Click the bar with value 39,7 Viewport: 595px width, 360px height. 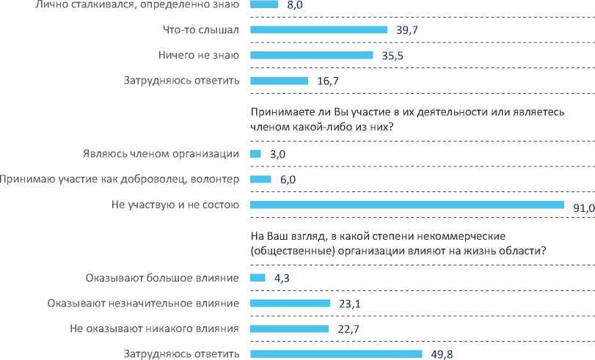tap(318, 29)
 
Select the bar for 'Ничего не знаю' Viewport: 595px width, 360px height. tap(312, 55)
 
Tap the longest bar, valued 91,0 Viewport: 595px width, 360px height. tap(406, 205)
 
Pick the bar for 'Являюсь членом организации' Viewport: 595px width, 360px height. tap(255, 154)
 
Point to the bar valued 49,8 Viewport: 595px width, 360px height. tap(336, 354)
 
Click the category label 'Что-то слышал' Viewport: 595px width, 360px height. tap(202, 29)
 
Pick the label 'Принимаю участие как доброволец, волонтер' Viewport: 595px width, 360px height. tap(120, 180)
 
